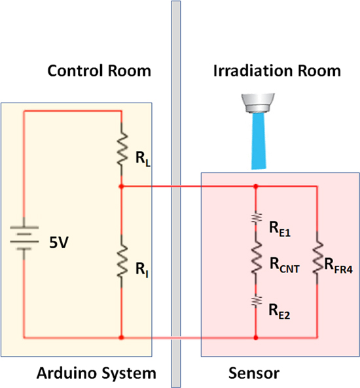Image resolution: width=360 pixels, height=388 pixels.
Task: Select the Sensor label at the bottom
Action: [x=254, y=374]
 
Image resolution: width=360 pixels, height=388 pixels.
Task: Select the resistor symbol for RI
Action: [x=122, y=261]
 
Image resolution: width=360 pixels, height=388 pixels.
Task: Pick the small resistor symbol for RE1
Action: [x=255, y=218]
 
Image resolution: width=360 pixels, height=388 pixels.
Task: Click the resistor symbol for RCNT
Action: [x=255, y=257]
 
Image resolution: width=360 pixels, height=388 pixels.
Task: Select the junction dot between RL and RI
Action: [x=122, y=186]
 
